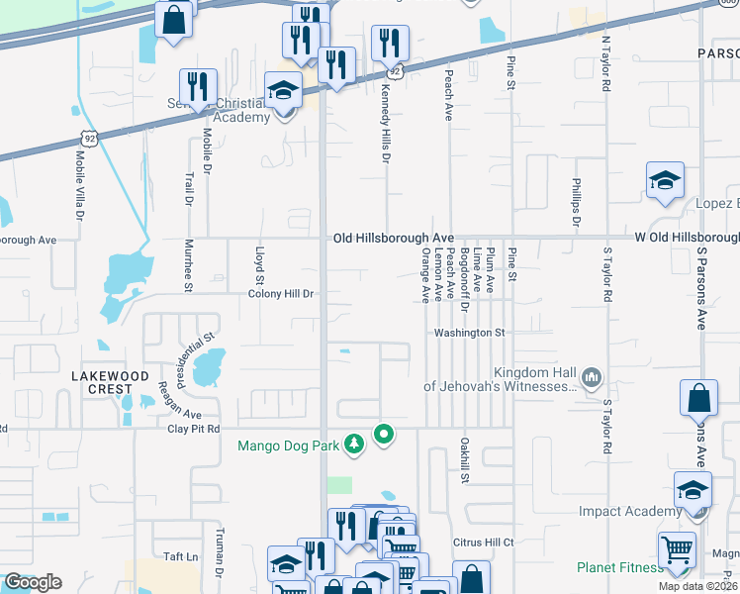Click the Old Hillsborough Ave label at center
click(x=393, y=239)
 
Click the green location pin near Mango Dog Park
click(x=383, y=434)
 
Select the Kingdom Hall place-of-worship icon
click(x=592, y=376)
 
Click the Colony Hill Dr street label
click(x=280, y=294)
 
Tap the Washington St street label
click(x=470, y=334)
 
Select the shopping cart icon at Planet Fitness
click(x=677, y=550)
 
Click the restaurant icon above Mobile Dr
click(x=198, y=87)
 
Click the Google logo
click(x=33, y=582)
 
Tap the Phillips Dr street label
click(x=575, y=203)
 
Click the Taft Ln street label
click(x=178, y=557)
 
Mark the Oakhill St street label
click(x=462, y=461)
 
